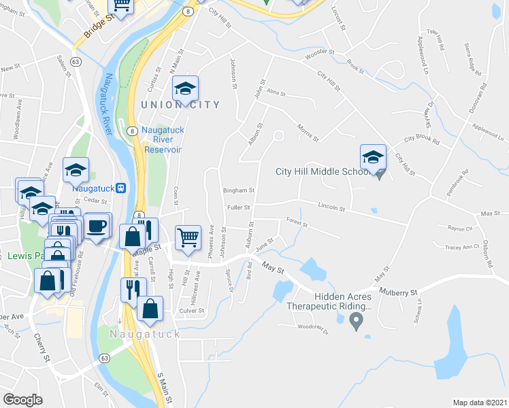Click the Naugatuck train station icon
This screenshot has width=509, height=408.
pyautogui.click(x=120, y=188)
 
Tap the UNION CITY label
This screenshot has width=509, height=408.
pyautogui.click(x=181, y=105)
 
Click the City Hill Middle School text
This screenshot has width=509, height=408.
pyautogui.click(x=323, y=171)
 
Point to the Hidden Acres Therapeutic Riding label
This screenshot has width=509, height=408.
pyautogui.click(x=343, y=301)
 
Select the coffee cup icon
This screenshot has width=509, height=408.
pyautogui.click(x=97, y=226)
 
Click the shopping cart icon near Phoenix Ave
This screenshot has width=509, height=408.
pyautogui.click(x=188, y=238)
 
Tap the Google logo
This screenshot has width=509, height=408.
pyautogui.click(x=22, y=399)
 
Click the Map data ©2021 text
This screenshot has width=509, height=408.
pyautogui.click(x=480, y=403)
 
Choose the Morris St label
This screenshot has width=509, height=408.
pyautogui.click(x=308, y=129)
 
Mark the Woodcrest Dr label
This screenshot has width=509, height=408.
pyautogui.click(x=313, y=331)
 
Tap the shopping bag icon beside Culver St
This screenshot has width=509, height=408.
pyautogui.click(x=150, y=308)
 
